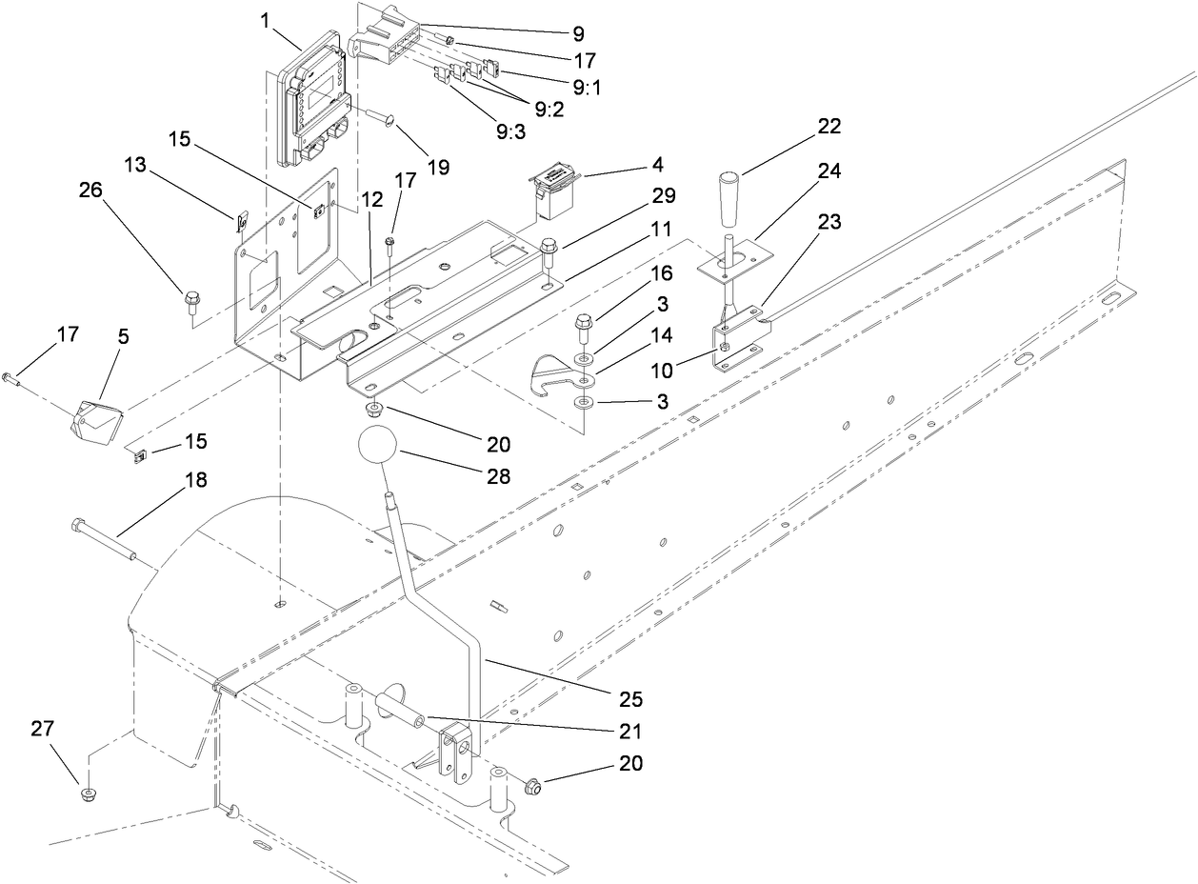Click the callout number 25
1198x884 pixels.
pyautogui.click(x=630, y=699)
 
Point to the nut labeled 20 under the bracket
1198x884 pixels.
pyautogui.click(x=374, y=410)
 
